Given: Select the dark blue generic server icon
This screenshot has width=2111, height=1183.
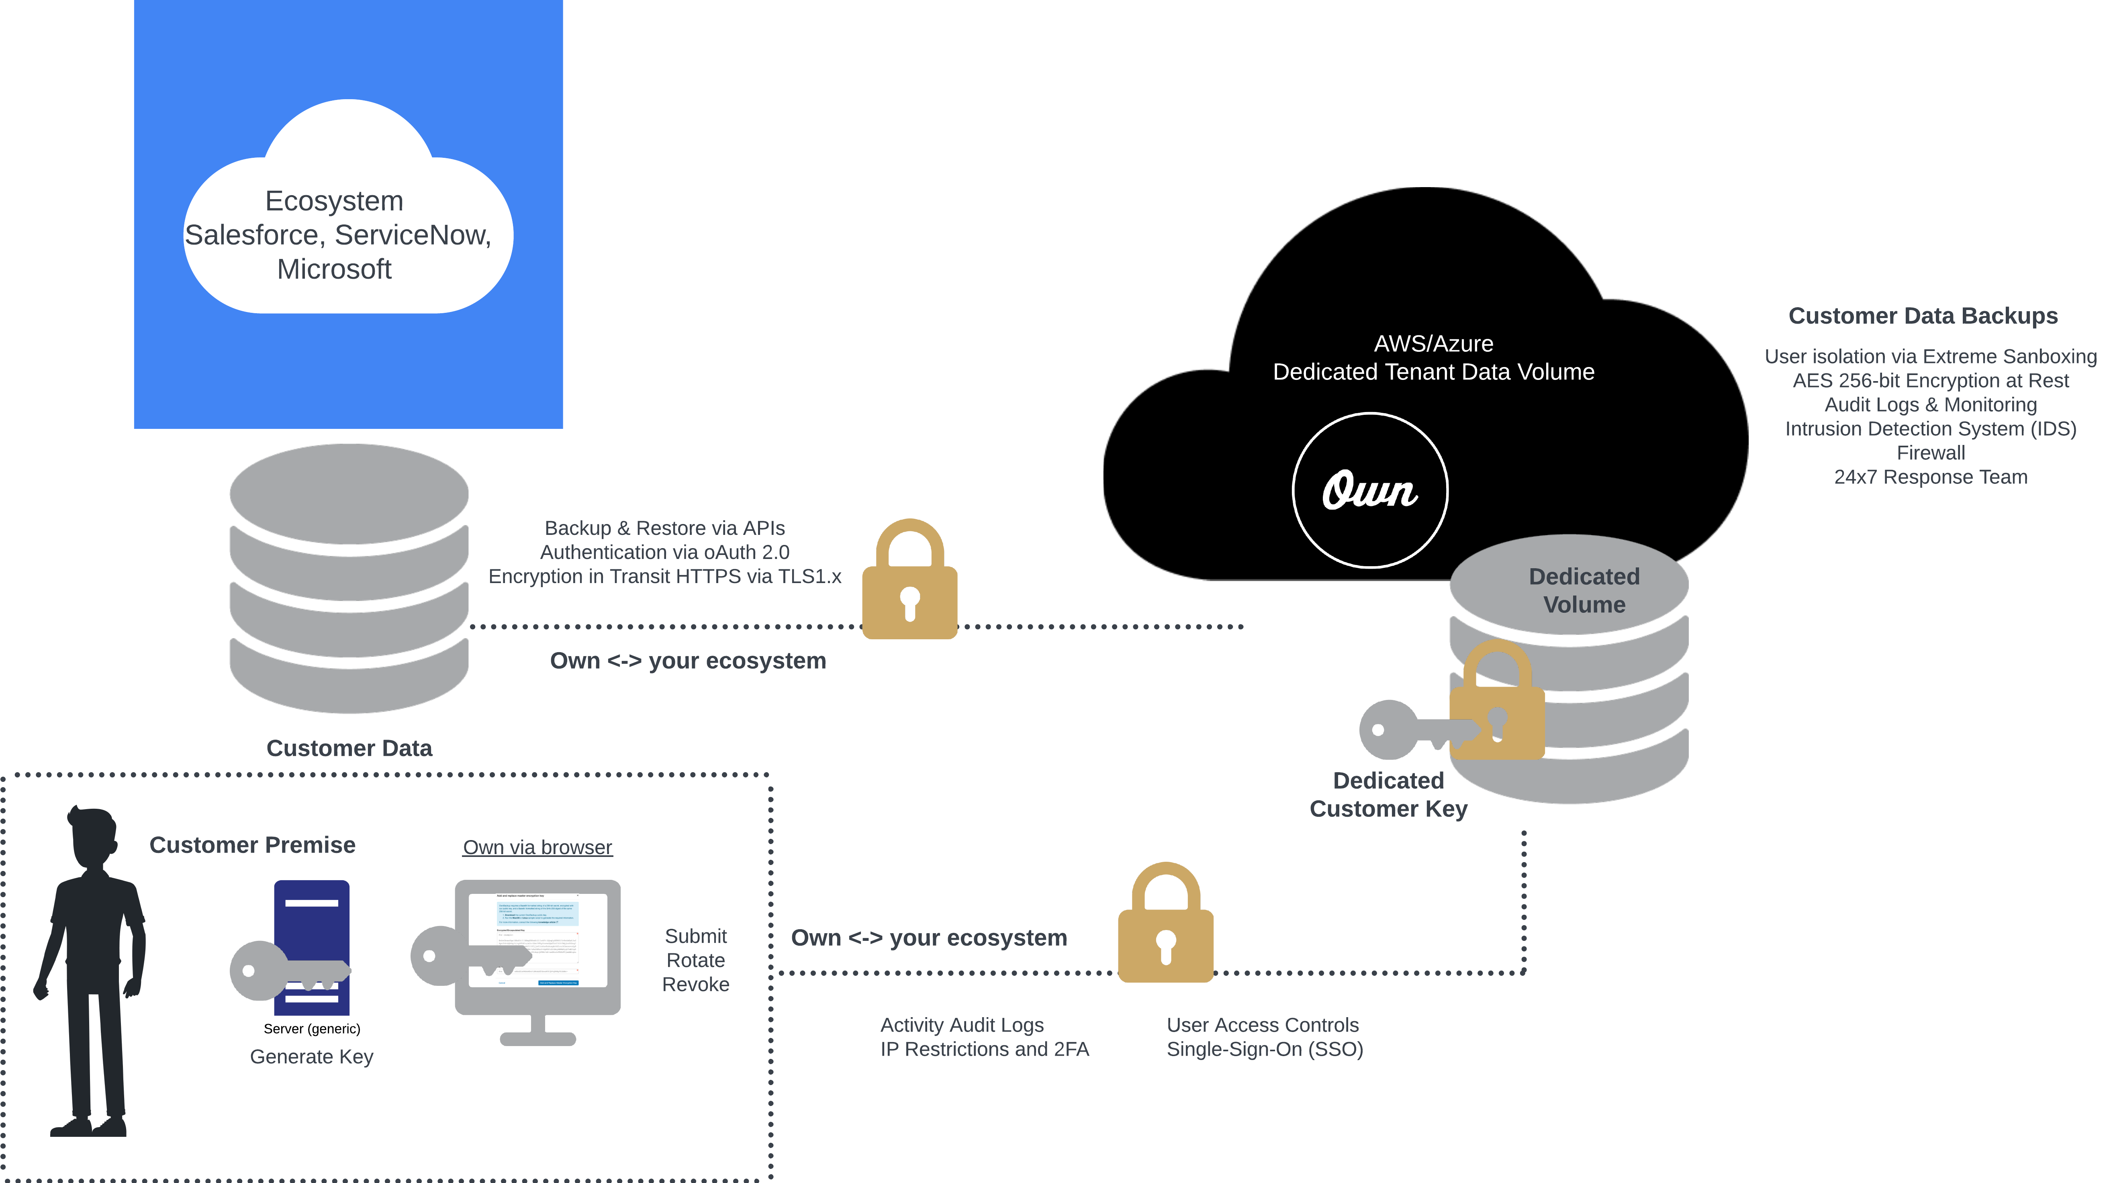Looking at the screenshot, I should tap(312, 946).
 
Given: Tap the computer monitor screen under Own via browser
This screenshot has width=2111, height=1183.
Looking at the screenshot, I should tap(537, 940).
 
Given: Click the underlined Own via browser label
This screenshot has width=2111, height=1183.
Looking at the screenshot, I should tap(537, 847).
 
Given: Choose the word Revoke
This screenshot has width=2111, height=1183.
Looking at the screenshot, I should tap(695, 984).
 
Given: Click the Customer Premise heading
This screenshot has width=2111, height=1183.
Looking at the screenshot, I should tap(252, 844).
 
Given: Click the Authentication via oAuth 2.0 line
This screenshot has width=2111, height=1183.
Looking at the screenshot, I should tap(664, 552).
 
